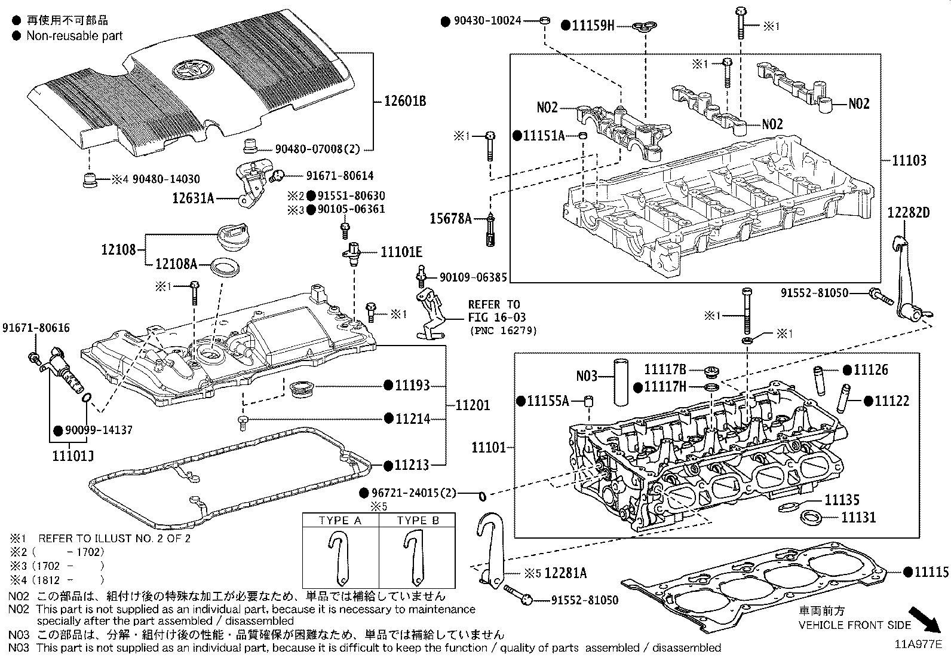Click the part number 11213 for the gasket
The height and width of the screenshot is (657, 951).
[412, 465]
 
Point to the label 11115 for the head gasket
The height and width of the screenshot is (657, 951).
[931, 572]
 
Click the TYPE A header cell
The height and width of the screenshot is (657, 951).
[340, 521]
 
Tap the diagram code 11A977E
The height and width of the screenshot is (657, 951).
[918, 644]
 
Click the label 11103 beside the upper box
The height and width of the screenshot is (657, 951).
[909, 160]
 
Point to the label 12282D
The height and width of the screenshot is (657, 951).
[908, 213]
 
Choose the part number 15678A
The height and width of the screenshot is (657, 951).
[450, 219]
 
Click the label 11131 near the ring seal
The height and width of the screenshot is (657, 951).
[858, 517]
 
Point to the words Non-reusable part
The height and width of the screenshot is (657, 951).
[74, 35]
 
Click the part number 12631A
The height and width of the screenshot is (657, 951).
[193, 198]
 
